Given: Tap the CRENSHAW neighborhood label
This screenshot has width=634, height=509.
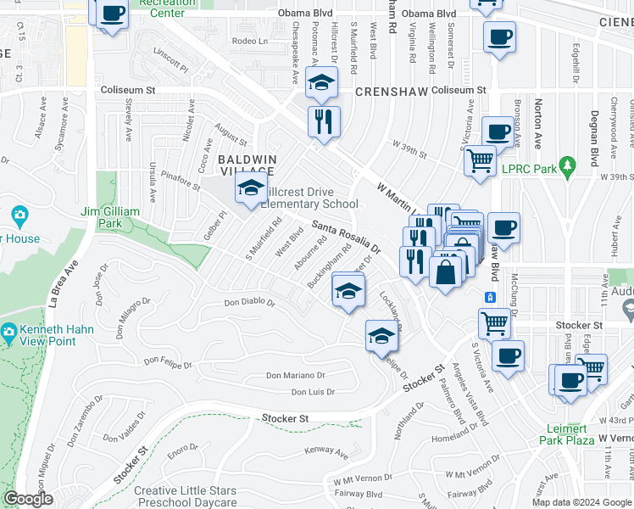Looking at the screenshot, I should (392, 90).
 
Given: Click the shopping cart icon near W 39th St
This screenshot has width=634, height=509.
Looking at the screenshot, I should (480, 159).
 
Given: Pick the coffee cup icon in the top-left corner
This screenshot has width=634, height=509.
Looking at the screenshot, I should (113, 14).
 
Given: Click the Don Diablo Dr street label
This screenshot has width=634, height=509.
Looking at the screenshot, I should (249, 302).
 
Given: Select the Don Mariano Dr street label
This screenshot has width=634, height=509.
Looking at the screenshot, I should (296, 375).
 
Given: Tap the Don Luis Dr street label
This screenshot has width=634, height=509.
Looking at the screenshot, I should (314, 392).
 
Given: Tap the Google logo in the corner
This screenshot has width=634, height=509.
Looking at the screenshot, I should (28, 499).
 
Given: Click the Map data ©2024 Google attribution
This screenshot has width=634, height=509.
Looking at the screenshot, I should (581, 502).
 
